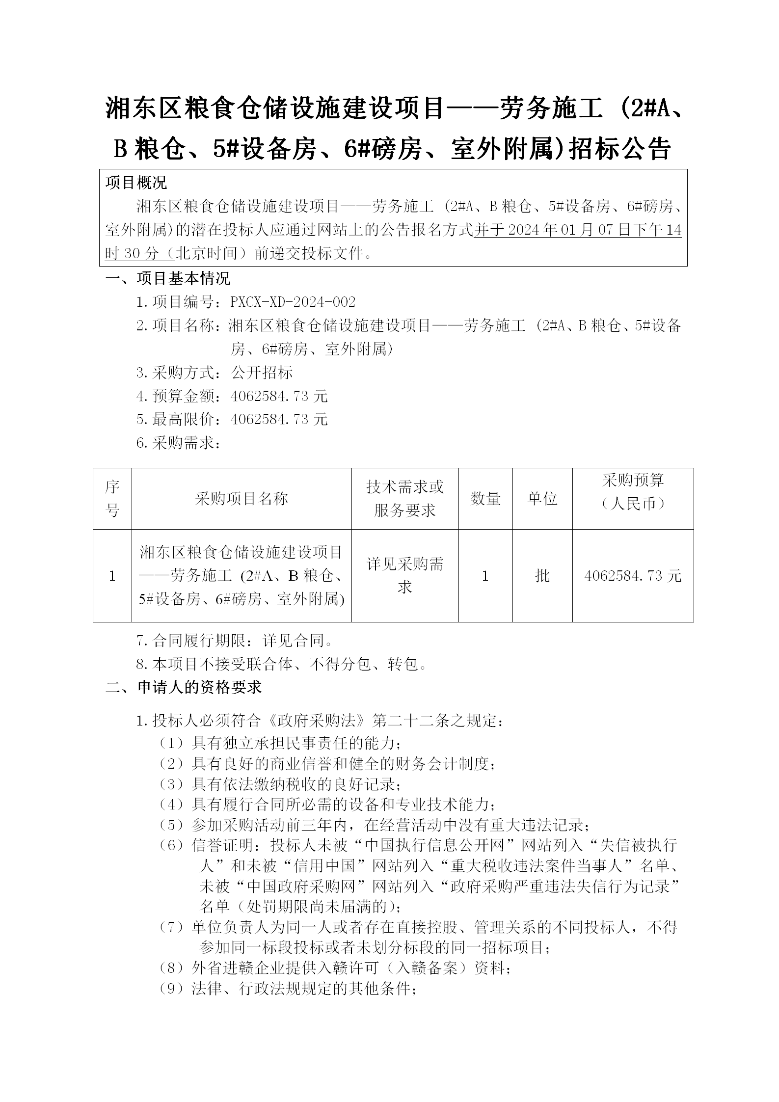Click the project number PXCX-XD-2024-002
[293, 302]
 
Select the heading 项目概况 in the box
[136, 183]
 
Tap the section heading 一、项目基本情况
[167, 279]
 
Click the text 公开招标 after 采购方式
[262, 373]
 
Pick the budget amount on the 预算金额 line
[278, 396]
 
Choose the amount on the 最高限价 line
[278, 419]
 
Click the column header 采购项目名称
[241, 499]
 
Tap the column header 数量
[485, 499]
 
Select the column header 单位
[542, 499]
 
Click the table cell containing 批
[542, 576]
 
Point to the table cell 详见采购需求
[405, 575]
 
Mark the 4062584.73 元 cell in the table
[633, 576]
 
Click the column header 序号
[112, 499]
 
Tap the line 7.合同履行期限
[235, 640]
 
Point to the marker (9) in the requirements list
[171, 988]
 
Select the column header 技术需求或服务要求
[405, 499]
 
